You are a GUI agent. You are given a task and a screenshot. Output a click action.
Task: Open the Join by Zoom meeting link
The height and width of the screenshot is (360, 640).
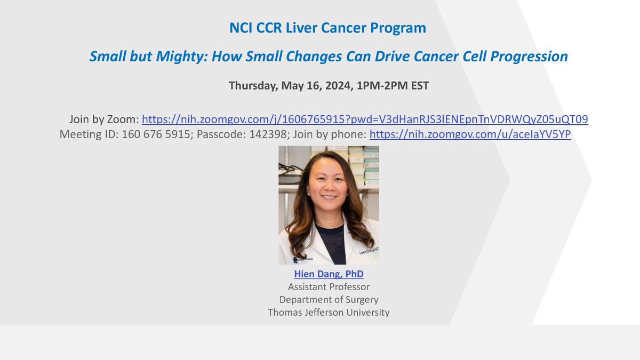(365, 119)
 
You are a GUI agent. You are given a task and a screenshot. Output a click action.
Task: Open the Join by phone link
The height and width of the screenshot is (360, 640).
(470, 134)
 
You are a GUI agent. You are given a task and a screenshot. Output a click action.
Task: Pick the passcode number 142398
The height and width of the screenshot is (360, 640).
(267, 134)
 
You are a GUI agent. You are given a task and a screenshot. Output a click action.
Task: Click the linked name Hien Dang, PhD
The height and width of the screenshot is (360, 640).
(329, 274)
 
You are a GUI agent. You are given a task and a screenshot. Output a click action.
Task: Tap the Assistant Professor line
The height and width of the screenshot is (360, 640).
(329, 287)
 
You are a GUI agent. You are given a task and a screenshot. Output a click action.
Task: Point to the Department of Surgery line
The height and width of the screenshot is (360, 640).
(329, 299)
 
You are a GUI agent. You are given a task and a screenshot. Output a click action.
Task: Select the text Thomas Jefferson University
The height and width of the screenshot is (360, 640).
(329, 312)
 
